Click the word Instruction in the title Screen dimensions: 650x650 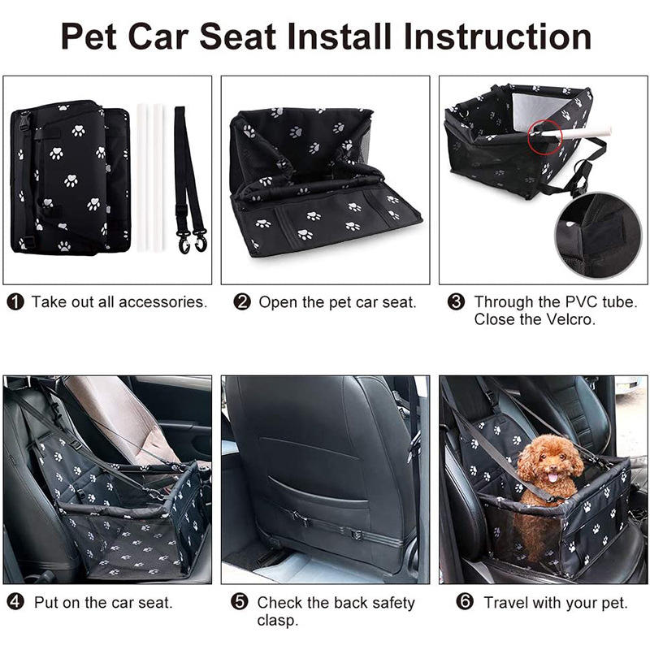497,37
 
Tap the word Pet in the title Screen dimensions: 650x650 89,37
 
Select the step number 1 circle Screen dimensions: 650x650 15,302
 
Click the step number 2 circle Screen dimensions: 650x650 242,302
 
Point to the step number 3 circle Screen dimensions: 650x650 456,302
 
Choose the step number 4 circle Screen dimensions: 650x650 15,601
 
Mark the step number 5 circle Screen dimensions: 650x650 239,601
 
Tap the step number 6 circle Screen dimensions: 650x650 465,601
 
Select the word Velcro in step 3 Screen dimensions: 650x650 570,319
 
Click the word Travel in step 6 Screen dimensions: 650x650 505,602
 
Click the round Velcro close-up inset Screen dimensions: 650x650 598,236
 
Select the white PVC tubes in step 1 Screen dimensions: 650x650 150,177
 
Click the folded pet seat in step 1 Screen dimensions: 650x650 71,176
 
